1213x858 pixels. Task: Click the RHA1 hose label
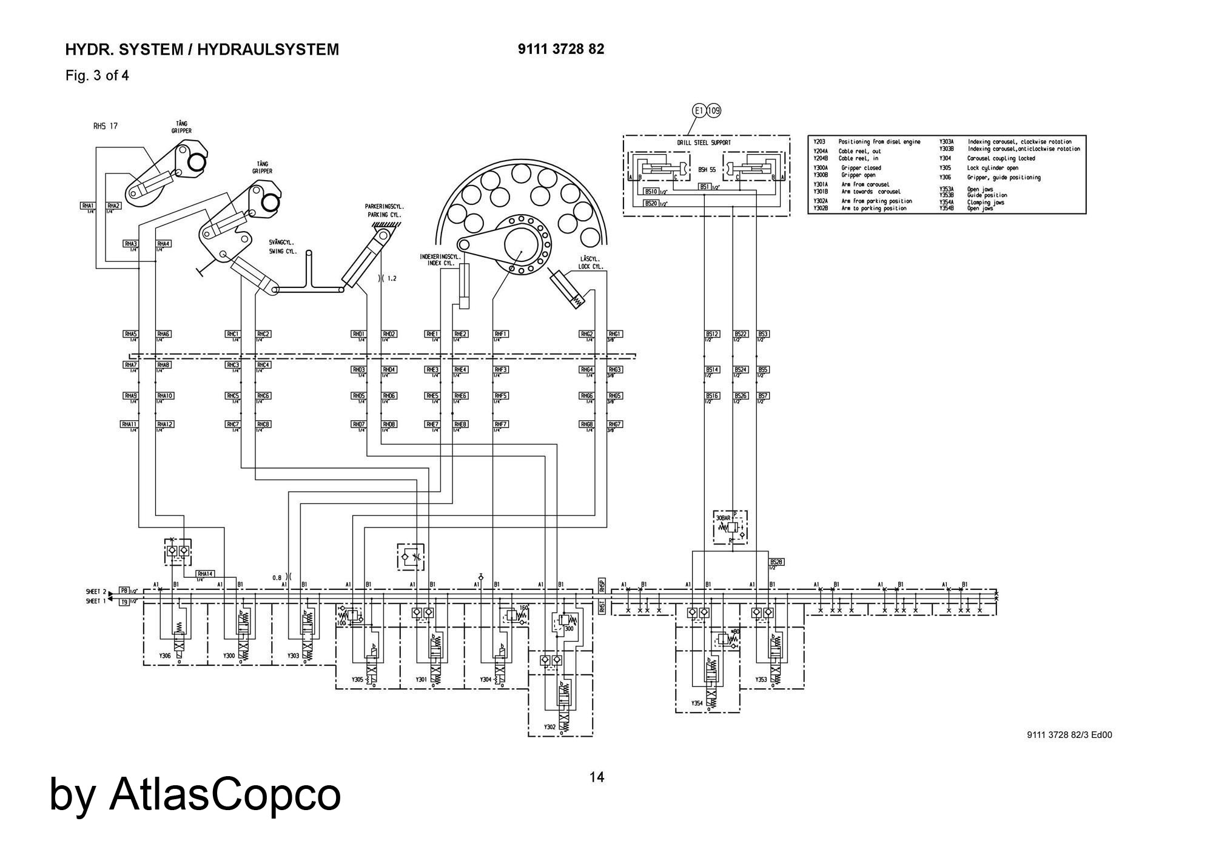[x=87, y=206]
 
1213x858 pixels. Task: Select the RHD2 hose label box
[x=389, y=334]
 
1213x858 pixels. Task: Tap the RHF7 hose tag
[x=500, y=424]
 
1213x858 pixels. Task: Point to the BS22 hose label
[x=741, y=334]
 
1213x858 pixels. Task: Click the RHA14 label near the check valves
[x=205, y=574]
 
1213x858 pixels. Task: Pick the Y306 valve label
[x=165, y=655]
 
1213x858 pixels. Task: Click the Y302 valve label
[x=549, y=726]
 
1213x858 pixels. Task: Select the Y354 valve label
[x=697, y=703]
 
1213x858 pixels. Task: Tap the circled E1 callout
[x=699, y=111]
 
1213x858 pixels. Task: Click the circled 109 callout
[x=714, y=111]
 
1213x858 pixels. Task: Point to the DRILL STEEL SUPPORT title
[x=704, y=142]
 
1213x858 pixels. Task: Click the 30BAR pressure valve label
[x=723, y=519]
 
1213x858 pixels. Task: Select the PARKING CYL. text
[x=384, y=215]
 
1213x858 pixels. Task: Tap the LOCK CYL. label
[x=590, y=266]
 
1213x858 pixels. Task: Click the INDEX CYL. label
[x=441, y=263]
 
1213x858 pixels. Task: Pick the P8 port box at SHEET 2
[x=124, y=590]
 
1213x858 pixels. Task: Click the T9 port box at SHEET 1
[x=124, y=601]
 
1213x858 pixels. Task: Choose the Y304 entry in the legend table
[x=945, y=158]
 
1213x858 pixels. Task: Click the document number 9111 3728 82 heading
[x=561, y=49]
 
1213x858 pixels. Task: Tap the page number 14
[x=597, y=777]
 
